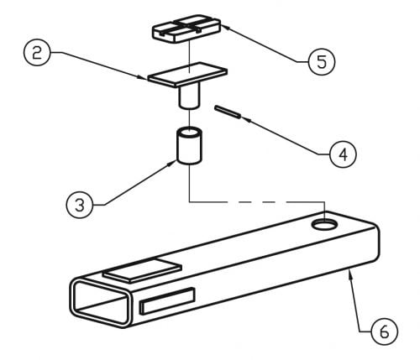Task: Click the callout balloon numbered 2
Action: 37,52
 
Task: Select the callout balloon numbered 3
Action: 80,205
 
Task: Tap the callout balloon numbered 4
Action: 344,154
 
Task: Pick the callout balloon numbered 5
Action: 322,61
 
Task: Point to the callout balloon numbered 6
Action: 384,331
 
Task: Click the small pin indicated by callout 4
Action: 228,112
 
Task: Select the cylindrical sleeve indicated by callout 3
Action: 189,145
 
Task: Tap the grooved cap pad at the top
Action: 186,28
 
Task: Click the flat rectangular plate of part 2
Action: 187,75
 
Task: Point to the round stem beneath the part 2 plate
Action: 189,97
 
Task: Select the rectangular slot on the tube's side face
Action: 167,300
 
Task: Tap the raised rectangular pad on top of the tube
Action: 143,269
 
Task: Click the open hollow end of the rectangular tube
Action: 101,301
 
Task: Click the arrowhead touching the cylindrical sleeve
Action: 171,164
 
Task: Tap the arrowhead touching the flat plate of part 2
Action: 143,77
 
